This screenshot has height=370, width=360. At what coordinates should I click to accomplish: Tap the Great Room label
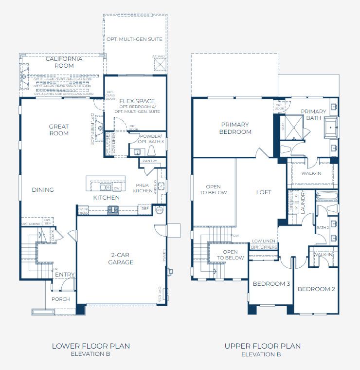click(59, 130)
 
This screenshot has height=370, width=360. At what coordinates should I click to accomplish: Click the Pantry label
click(149, 161)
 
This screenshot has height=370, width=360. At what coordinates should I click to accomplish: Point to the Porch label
click(61, 299)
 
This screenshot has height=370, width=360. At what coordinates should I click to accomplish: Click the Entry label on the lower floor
click(65, 275)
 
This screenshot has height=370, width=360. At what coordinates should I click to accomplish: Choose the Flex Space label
click(137, 101)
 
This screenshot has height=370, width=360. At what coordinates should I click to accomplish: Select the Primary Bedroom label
click(235, 128)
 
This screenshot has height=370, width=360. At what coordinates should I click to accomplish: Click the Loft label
click(264, 192)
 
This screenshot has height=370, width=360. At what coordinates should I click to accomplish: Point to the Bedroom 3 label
click(271, 284)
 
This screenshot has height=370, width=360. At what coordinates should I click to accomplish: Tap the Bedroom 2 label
click(316, 289)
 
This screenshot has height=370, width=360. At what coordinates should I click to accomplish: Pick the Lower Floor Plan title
click(91, 346)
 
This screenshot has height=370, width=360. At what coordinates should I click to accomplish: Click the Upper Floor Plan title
click(263, 346)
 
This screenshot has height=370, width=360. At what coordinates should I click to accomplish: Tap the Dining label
click(43, 190)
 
